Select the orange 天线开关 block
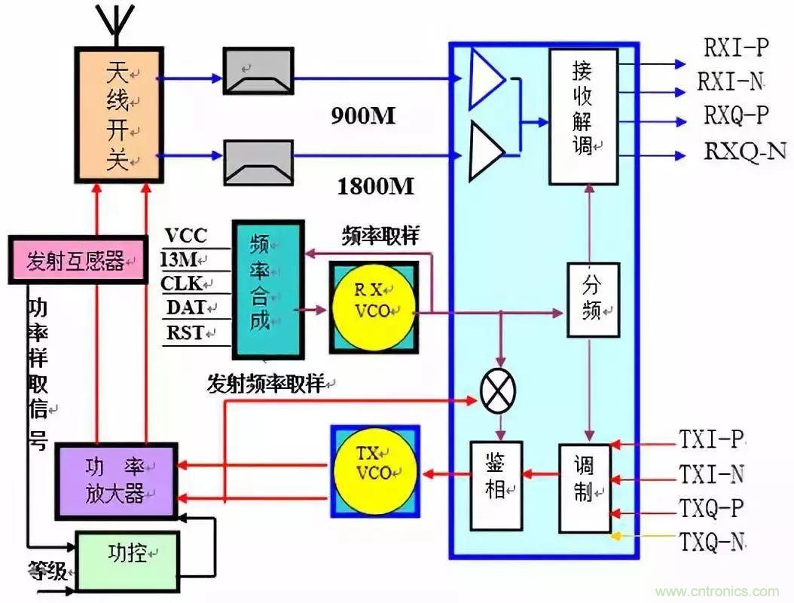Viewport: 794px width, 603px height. pyautogui.click(x=118, y=118)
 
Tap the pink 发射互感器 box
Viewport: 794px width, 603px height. pyautogui.click(x=78, y=261)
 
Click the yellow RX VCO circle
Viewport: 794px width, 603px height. pyautogui.click(x=374, y=308)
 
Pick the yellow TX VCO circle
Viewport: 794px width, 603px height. pyautogui.click(x=374, y=470)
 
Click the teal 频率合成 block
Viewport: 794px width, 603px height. pyautogui.click(x=267, y=289)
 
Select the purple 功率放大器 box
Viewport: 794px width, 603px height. pyautogui.click(x=118, y=481)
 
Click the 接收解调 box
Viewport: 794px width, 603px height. pyautogui.click(x=583, y=117)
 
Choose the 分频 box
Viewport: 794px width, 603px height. pyautogui.click(x=593, y=299)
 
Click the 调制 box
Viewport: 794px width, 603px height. pyautogui.click(x=585, y=488)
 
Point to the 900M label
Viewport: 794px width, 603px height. pyautogui.click(x=363, y=115)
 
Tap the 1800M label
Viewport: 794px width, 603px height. pyautogui.click(x=376, y=186)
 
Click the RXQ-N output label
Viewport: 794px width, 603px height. pyautogui.click(x=745, y=152)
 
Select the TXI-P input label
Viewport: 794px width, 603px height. pyautogui.click(x=711, y=439)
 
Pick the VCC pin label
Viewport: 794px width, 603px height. pyautogui.click(x=185, y=236)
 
